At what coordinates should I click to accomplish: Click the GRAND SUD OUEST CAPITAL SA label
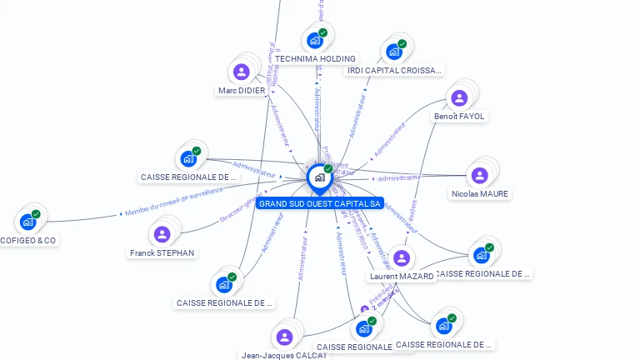(319, 203)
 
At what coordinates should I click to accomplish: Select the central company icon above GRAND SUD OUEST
(319, 177)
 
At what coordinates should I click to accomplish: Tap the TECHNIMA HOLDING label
(315, 59)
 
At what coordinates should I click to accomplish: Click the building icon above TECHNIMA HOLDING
(315, 40)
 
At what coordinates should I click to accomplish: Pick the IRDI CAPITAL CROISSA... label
(393, 71)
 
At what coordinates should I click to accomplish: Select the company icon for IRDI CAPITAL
(394, 52)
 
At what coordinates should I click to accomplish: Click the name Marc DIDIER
(242, 90)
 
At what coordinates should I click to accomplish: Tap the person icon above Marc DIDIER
(242, 72)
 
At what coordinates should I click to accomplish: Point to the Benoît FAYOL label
(459, 117)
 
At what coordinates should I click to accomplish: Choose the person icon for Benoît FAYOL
(459, 98)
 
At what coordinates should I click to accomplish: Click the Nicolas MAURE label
(479, 194)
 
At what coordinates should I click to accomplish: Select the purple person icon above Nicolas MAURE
(479, 176)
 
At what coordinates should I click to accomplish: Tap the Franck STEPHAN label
(162, 252)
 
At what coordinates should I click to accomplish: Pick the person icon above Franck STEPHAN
(162, 234)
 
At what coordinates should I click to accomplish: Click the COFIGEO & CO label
(28, 240)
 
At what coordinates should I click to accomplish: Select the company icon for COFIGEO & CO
(28, 222)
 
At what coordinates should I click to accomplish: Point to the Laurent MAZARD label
(402, 277)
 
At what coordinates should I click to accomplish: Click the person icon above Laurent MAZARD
(402, 258)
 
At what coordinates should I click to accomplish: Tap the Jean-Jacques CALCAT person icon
(285, 337)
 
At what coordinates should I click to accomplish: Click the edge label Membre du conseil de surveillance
(174, 202)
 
